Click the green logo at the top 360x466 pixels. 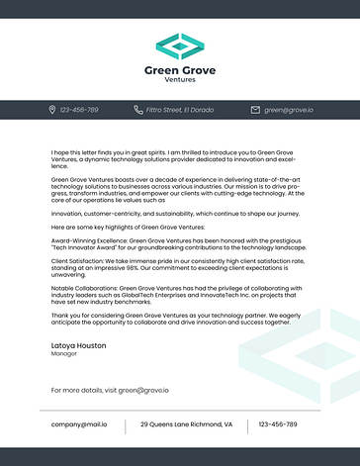(180, 46)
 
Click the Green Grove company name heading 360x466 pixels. (180, 70)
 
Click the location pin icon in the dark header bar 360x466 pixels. (52, 109)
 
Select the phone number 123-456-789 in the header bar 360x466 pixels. (79, 109)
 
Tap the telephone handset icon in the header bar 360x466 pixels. (138, 109)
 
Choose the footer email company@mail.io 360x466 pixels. (79, 423)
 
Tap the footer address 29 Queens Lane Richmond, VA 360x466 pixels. (186, 423)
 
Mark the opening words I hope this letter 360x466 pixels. (73, 152)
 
